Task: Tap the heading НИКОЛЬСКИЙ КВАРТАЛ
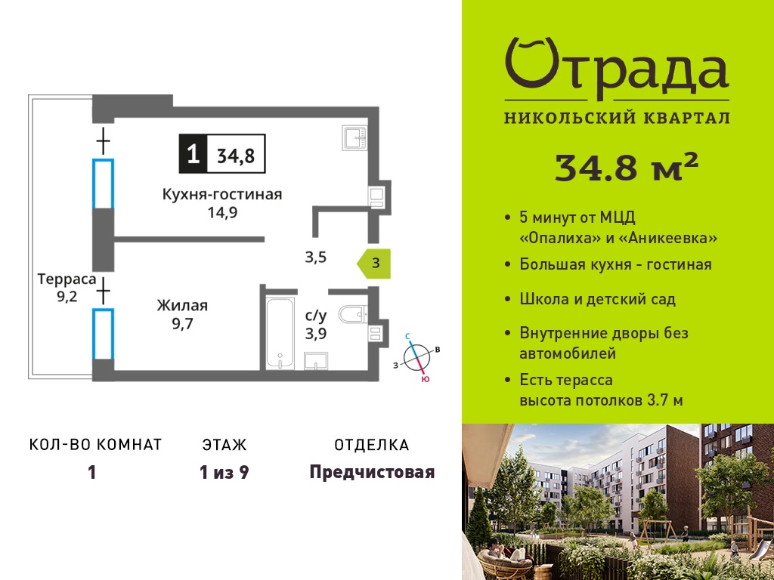617,118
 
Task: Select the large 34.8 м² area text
627,167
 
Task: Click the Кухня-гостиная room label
222,194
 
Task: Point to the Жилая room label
182,306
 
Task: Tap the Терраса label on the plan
67,279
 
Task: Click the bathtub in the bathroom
281,333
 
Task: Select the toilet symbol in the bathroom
353,313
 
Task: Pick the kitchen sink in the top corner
354,137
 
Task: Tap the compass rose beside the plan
416,356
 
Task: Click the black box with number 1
193,153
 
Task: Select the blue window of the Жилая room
104,334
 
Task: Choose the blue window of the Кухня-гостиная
104,184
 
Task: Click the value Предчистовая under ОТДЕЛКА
372,473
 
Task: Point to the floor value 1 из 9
224,473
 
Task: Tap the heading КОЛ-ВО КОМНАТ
96,445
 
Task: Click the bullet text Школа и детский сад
597,299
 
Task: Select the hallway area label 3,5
315,258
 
